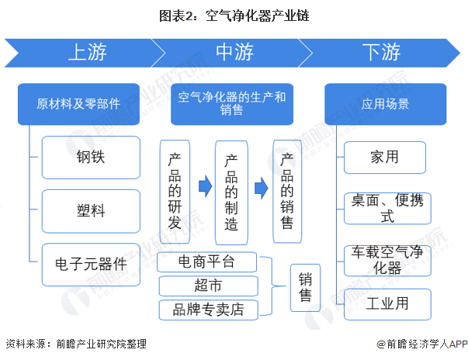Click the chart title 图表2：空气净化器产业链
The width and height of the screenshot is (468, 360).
234,16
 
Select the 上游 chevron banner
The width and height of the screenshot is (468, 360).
84,53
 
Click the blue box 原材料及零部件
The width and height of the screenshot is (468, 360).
79,104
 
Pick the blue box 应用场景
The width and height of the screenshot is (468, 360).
385,104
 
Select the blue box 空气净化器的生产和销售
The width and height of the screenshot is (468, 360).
232,104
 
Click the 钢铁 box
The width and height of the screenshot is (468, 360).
91,157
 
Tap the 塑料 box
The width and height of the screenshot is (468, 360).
91,211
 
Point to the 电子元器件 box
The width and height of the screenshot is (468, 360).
91,265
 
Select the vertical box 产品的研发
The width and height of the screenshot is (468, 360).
175,192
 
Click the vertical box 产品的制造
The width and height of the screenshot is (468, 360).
231,192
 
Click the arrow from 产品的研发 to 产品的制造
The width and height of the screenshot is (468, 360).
206,186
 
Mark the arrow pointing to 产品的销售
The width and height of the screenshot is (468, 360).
261,188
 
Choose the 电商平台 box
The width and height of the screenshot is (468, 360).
207,262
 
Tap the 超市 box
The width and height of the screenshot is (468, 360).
208,286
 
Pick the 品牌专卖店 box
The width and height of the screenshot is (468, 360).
208,310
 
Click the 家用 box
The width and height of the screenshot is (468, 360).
385,157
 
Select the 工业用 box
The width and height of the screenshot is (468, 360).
387,304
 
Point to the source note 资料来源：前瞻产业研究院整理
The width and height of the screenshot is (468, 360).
76,344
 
